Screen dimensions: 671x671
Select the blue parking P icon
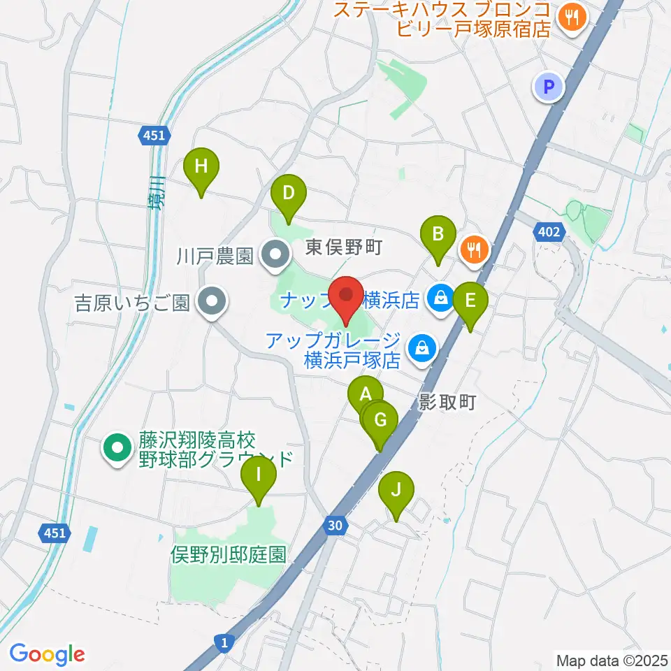click(x=549, y=87)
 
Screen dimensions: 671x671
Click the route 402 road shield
click(x=548, y=231)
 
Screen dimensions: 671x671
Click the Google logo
click(x=47, y=654)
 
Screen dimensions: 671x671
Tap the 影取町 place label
click(x=447, y=403)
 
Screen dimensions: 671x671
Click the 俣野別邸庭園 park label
click(x=229, y=555)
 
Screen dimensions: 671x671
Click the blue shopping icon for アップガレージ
click(x=422, y=347)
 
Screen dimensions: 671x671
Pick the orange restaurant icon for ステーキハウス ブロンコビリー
click(x=572, y=20)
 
